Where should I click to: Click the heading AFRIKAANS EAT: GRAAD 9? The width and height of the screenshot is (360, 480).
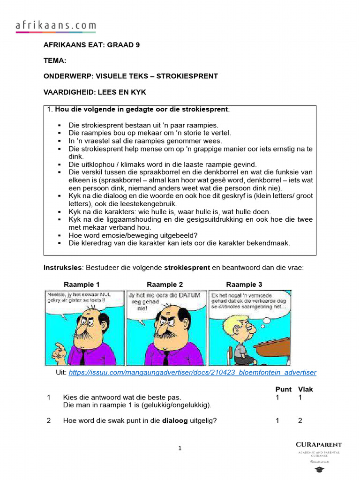click(x=91, y=45)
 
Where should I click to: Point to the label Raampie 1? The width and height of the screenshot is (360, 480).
click(x=82, y=285)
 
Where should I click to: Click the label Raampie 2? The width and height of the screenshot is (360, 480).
click(x=165, y=285)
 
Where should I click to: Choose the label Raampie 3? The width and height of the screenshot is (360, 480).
click(x=244, y=285)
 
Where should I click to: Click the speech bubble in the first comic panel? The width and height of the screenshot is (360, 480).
click(x=75, y=298)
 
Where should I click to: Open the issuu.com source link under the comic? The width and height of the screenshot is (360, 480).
click(x=192, y=373)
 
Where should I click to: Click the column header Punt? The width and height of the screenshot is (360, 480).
click(x=283, y=389)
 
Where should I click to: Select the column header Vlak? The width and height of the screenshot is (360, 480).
click(x=305, y=389)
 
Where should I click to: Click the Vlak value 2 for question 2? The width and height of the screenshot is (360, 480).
click(x=300, y=420)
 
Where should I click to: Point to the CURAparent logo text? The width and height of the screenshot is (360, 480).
click(x=319, y=444)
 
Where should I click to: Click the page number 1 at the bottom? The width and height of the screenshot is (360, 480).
click(x=180, y=449)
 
